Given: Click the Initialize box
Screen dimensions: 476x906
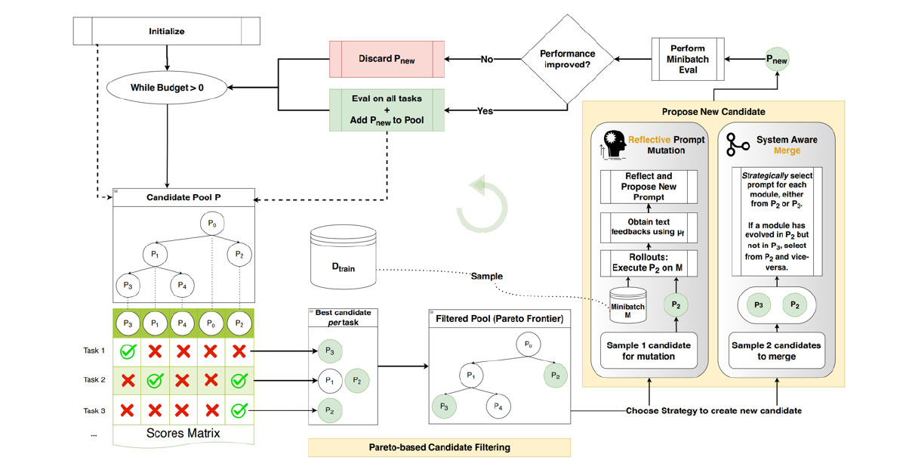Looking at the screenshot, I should click(x=165, y=32).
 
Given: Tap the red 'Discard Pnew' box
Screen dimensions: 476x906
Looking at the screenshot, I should click(x=387, y=58).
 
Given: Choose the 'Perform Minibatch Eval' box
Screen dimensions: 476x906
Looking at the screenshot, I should click(x=687, y=60).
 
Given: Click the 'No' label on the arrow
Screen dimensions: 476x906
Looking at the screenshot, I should click(x=487, y=59).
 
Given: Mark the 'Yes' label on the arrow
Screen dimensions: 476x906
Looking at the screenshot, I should click(x=485, y=110).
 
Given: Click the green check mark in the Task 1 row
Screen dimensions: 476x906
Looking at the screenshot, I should click(x=128, y=351).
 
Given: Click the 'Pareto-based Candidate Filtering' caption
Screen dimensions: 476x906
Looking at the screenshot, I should click(x=439, y=447).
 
